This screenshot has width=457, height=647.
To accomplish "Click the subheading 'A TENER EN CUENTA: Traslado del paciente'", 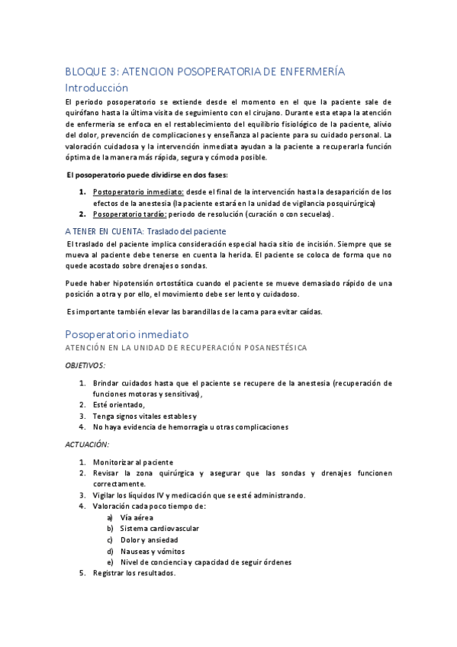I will coord(146,231).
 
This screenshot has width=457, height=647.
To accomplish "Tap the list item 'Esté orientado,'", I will coord(119,404).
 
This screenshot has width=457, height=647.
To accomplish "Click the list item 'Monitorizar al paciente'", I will coord(134,462).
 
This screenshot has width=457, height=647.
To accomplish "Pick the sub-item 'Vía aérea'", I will coord(137,517).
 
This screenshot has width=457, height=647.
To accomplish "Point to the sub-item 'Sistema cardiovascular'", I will coord(159,528).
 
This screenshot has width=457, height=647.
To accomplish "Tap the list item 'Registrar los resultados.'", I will coord(134,573).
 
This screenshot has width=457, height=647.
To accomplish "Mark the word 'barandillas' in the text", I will coord(181,311).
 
